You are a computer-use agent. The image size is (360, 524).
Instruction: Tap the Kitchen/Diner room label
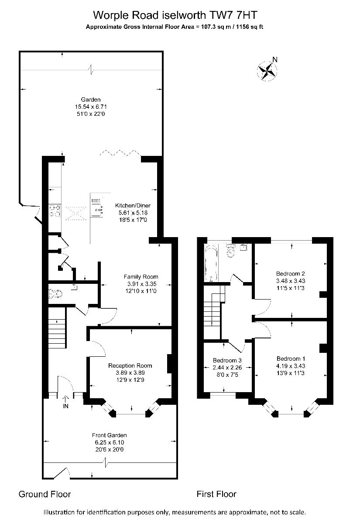coord(133,206)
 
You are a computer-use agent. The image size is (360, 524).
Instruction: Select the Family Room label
coord(141,277)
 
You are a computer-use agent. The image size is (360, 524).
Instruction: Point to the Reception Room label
coord(130,365)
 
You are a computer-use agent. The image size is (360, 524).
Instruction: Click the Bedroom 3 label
coord(227,361)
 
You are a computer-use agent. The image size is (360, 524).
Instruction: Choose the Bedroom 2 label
coord(291,273)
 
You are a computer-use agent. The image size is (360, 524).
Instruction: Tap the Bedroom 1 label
coord(291,359)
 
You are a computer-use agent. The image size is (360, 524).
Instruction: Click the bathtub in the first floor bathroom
coord(211,263)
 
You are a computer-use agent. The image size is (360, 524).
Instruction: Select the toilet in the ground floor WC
coord(55,294)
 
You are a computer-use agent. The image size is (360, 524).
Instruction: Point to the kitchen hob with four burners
coord(55,210)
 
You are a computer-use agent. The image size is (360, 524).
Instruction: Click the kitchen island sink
coord(97,207)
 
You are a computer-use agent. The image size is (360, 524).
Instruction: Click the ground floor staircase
coord(57,328)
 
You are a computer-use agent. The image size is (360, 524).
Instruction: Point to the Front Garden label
coord(110,435)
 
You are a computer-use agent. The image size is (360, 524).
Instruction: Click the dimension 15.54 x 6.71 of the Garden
coord(91,107)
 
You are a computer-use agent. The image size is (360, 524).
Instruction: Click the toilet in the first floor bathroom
coord(231,251)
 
